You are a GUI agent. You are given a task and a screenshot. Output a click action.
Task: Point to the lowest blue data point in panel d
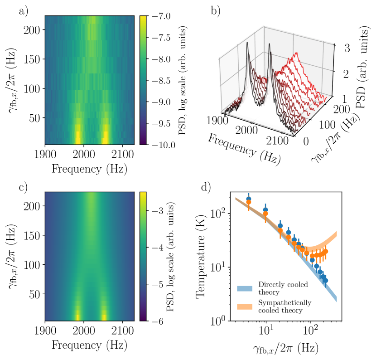point(325,281)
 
